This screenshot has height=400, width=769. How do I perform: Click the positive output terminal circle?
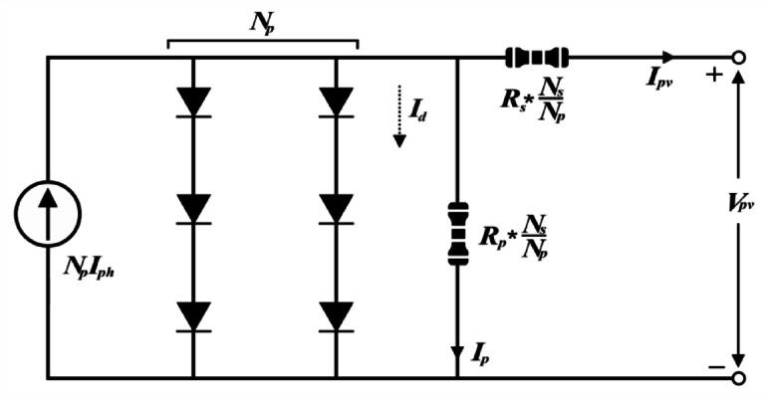pos(739,58)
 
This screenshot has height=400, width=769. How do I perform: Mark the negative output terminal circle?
pos(739,378)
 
